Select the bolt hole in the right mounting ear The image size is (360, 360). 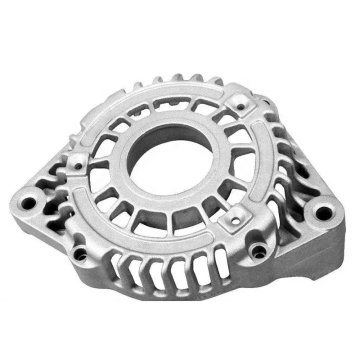[x=323, y=213]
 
